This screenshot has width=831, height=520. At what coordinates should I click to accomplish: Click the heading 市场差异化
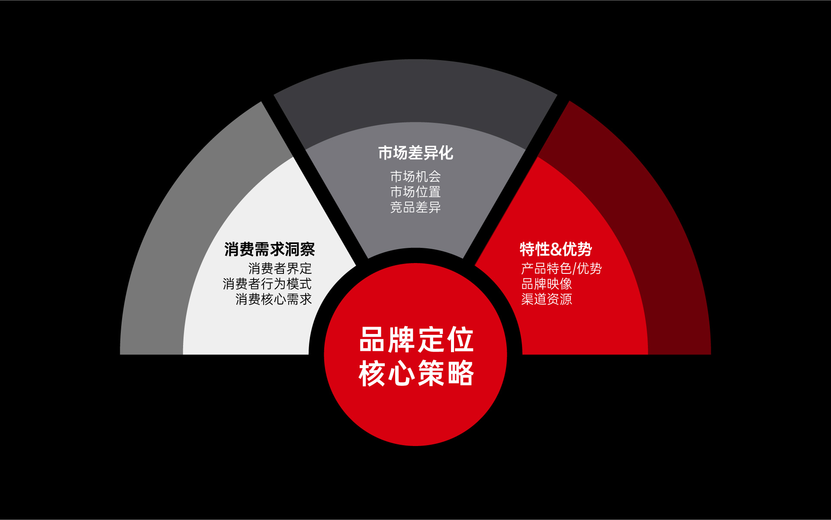tap(415, 153)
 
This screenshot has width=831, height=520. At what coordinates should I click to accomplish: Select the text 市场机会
tap(415, 177)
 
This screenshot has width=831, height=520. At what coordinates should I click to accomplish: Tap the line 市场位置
tap(415, 192)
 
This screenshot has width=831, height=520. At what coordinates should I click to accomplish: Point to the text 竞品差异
tap(415, 207)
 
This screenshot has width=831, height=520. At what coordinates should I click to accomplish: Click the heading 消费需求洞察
tap(270, 249)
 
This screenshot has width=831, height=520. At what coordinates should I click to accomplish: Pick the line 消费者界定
tap(280, 269)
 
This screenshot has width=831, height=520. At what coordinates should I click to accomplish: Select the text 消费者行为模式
tap(267, 284)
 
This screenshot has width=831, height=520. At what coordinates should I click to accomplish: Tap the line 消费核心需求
tap(274, 299)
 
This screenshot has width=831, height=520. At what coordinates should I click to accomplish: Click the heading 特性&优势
tap(556, 249)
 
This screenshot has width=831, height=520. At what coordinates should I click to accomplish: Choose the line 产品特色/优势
tap(561, 269)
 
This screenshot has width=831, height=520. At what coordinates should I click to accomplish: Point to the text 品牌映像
tap(547, 284)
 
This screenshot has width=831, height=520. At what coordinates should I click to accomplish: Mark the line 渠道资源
tap(547, 299)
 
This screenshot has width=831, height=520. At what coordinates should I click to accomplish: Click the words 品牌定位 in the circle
tap(416, 340)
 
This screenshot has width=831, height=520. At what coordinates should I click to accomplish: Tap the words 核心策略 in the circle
tap(416, 373)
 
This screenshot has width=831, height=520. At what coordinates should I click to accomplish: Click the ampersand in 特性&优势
tap(556, 250)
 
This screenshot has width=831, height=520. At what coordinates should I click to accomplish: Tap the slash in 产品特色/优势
tap(574, 269)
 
